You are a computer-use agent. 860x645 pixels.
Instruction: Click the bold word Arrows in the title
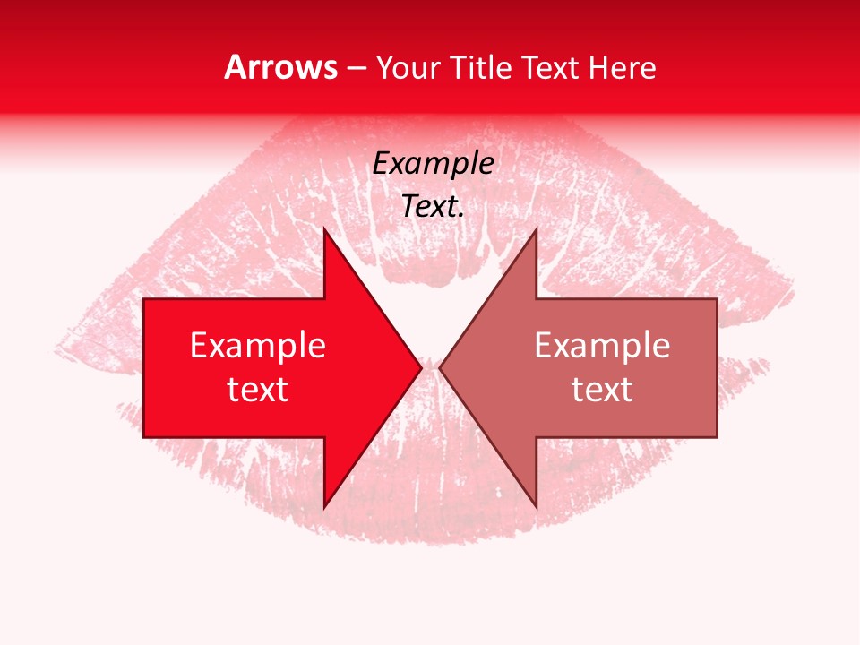point(280,67)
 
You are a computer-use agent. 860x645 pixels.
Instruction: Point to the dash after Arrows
point(357,68)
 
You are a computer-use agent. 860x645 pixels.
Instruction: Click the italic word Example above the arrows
point(433,164)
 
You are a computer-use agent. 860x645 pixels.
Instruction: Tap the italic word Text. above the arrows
point(433,206)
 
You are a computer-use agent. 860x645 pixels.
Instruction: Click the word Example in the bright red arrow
point(258,346)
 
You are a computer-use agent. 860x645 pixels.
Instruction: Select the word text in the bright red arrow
point(258,390)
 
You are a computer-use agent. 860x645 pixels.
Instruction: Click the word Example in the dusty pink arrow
point(602,346)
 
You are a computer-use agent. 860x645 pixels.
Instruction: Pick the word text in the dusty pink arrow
point(602,390)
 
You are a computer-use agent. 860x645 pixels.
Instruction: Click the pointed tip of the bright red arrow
point(421,368)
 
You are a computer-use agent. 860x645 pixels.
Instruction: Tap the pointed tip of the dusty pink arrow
point(439,368)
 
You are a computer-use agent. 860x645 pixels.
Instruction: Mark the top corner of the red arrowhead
point(324,228)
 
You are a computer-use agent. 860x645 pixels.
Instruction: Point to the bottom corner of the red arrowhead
point(324,508)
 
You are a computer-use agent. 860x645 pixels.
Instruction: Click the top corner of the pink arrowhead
point(536,228)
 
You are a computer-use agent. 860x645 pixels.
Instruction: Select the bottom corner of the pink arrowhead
point(536,508)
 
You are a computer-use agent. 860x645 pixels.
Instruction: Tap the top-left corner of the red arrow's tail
point(144,299)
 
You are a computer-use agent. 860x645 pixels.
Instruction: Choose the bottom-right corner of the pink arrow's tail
point(717,437)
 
